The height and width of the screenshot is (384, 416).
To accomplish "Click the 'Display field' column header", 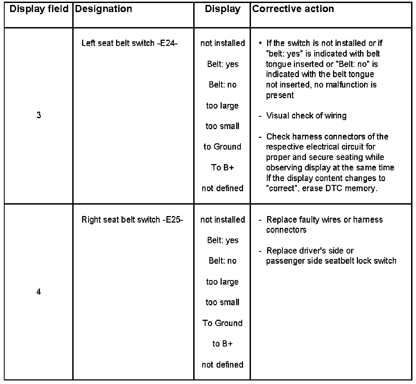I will (39, 9).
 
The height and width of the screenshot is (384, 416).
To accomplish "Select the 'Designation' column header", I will (103, 9).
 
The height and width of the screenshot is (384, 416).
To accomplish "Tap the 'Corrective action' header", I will (293, 9).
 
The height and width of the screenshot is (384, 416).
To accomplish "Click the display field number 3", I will (39, 115).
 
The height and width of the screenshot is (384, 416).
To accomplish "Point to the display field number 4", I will (39, 292).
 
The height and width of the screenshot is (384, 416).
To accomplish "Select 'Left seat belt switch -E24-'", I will (130, 43).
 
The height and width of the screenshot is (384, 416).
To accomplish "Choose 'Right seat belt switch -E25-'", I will (132, 220).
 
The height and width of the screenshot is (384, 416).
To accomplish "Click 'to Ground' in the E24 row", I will (222, 147).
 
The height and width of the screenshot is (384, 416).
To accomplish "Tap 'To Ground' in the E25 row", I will (222, 323).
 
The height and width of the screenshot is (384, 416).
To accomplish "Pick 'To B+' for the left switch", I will (222, 167).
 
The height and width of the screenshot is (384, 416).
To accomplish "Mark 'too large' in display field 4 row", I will (222, 282).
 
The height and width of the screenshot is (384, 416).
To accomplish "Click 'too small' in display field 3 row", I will (222, 126).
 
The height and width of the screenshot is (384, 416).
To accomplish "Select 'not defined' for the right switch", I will (222, 365).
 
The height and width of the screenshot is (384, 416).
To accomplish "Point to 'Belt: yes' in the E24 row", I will (223, 64).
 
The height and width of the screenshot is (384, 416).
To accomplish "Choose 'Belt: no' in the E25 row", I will (222, 261).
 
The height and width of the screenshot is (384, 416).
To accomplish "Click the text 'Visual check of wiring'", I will (306, 115).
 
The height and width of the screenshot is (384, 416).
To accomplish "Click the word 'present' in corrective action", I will (280, 95).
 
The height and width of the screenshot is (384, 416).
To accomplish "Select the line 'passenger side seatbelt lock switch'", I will (331, 261).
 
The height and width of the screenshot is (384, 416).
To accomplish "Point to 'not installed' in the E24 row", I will (222, 43).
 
